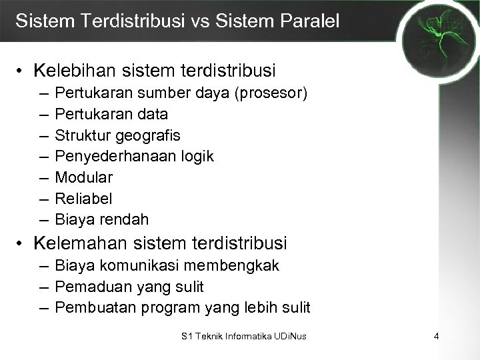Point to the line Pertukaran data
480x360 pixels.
pos(111,114)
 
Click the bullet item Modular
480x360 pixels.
pos(84,177)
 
